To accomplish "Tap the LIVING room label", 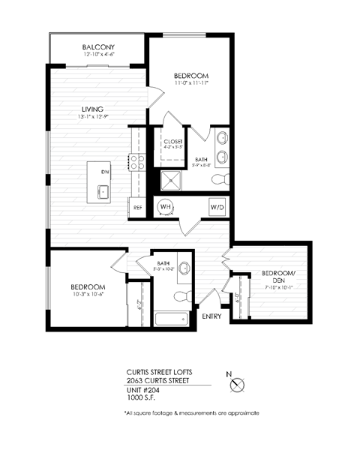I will pos(93,109).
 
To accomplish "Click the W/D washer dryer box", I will pos(217,205).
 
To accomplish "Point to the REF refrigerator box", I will pos(138,207).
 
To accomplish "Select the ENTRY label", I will pos(212,316).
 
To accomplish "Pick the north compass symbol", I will pos(238,385).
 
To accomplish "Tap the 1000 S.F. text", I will pos(138,399).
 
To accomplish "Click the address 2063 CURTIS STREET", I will pos(157,381).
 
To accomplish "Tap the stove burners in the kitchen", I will pos(137,163).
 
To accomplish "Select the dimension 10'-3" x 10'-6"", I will pos(87,295).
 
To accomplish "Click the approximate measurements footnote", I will pos(190,413).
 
